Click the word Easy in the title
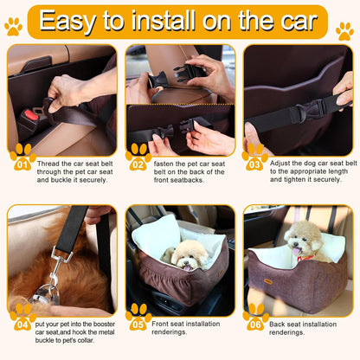point(70,21)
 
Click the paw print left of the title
point(13,27)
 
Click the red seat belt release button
point(32,115)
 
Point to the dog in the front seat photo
point(185,254)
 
